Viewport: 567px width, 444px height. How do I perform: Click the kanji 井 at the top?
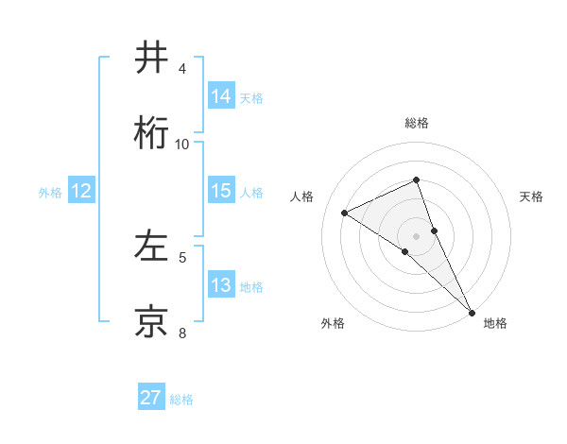coord(151,59)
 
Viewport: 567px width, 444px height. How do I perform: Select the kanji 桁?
coord(151,134)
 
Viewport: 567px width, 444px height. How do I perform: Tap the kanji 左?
coord(151,248)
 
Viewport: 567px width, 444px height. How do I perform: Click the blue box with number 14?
coord(221,96)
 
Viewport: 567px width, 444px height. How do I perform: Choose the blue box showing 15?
coord(221,191)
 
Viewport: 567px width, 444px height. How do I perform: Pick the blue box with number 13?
coord(221,285)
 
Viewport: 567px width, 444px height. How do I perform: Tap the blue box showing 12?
coord(81,191)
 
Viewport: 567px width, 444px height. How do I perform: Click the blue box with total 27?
coord(151,398)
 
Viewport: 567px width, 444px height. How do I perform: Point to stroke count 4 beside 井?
coord(182,69)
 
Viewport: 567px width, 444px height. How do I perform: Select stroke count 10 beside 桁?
coord(182,144)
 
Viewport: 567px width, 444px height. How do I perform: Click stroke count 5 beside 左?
coord(182,257)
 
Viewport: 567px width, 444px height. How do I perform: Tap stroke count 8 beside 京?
coord(182,333)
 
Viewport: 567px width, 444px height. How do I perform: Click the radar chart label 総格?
coord(417,123)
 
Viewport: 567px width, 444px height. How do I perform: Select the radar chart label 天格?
coord(531,196)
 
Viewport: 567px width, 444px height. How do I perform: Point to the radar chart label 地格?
coord(495,324)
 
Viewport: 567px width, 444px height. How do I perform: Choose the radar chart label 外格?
coord(333,324)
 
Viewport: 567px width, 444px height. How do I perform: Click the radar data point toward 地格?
coord(471,311)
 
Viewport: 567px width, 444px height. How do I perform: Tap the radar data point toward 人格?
coord(345,213)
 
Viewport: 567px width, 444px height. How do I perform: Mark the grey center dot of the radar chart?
coord(417,235)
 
